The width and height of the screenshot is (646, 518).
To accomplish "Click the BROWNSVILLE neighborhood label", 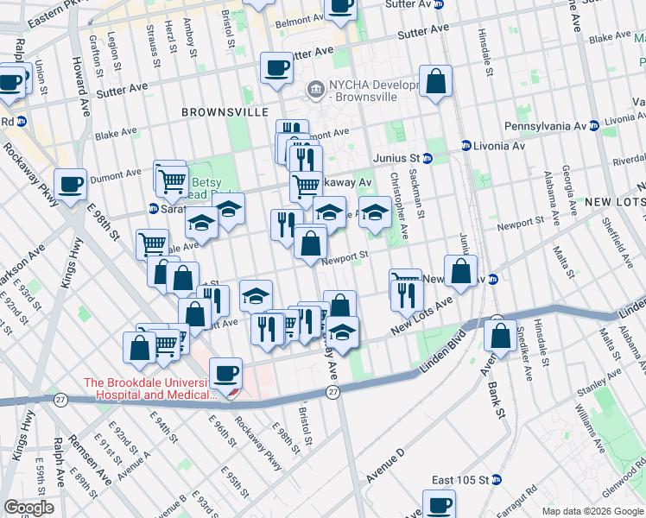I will tap(218, 112).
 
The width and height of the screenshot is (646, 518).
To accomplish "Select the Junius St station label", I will tap(396, 158).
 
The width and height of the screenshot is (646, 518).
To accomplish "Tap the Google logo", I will tap(28, 507).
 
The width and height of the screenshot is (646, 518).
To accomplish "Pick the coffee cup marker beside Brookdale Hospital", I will tap(225, 373).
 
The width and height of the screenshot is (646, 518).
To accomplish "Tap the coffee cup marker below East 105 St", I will tap(439, 504).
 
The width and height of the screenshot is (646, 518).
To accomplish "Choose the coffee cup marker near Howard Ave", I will tap(70, 184).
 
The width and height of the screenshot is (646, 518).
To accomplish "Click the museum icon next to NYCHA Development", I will tap(315, 87).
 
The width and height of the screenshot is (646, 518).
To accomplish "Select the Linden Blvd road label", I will tap(436, 353).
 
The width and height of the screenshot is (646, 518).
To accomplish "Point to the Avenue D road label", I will tap(384, 466).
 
